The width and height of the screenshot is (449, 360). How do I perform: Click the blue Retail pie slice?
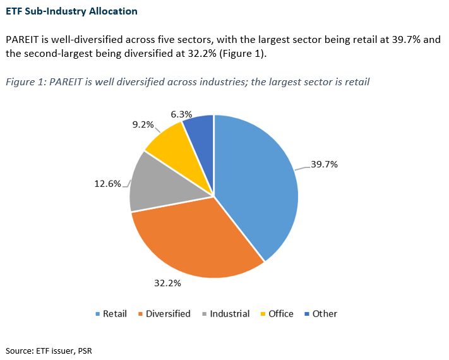pos(259,183)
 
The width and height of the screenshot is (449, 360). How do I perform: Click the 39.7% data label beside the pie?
pos(325,165)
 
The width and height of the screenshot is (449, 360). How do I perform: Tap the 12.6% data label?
pos(107,184)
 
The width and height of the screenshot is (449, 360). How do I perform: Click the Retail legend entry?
pos(111,314)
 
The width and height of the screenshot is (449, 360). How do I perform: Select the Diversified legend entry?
pos(164,314)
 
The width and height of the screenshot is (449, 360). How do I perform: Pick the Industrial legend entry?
pos(225,314)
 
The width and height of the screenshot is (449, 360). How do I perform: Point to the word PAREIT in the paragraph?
pos(22,40)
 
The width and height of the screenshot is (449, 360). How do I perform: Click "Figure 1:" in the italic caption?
pos(26,81)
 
